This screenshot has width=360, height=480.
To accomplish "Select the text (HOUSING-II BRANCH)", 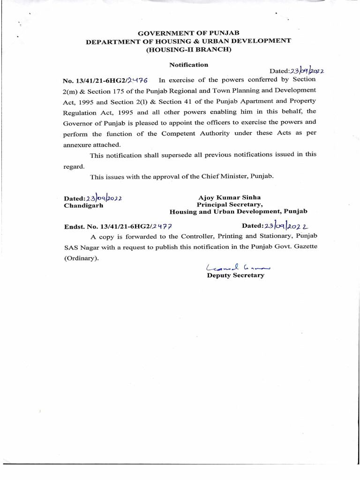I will tap(188, 49).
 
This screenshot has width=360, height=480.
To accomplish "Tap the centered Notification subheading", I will tap(188, 65).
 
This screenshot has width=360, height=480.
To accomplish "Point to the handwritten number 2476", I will tap(137, 81).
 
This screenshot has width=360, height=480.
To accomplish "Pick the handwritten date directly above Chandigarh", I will tap(104, 198).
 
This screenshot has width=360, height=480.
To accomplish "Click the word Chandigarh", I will tap(83, 205).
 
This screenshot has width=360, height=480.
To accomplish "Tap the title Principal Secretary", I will tap(230, 204).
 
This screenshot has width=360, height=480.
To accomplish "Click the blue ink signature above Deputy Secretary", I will tap(238, 267).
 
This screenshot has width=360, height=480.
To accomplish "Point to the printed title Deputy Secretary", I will tap(236, 276).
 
